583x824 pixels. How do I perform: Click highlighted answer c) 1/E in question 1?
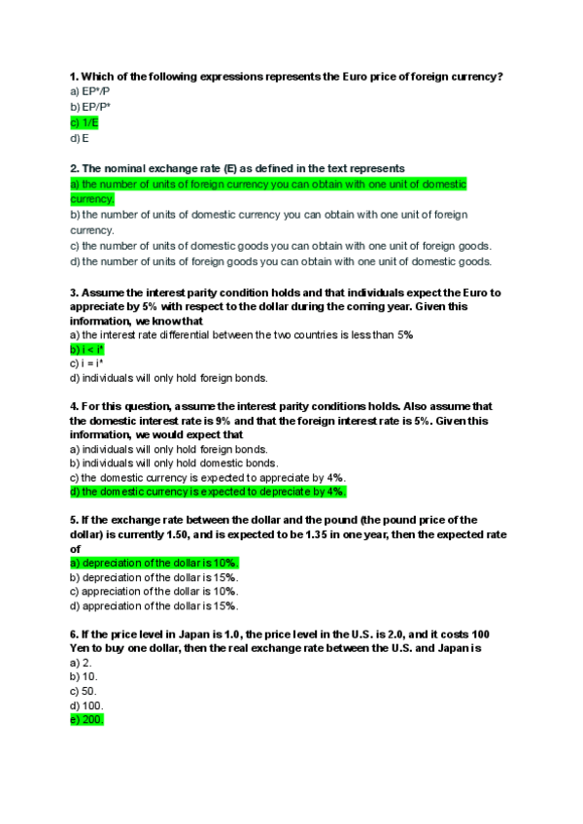[85, 123]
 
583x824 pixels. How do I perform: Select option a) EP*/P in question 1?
[90, 90]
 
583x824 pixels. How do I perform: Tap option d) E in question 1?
[80, 139]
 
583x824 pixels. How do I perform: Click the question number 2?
[75, 168]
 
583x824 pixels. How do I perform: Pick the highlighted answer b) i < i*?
[87, 349]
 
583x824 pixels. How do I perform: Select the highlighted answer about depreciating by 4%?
[208, 492]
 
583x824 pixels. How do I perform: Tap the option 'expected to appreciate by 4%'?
[207, 477]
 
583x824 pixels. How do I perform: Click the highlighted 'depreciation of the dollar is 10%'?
[154, 563]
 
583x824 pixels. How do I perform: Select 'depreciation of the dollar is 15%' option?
[154, 577]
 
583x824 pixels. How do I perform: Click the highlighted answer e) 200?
[86, 719]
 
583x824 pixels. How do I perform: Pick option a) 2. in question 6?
[81, 662]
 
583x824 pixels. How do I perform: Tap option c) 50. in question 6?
[84, 691]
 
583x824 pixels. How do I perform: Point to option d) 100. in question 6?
[86, 705]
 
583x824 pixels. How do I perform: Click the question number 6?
[75, 634]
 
